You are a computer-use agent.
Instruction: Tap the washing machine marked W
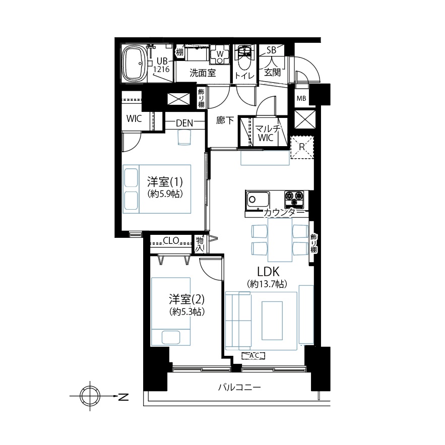coord(220,54)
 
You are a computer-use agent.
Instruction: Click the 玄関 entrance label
coord(272,73)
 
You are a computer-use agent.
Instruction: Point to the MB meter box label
coord(301,98)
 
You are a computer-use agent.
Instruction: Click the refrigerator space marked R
coord(302,147)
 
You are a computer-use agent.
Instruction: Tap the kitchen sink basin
coord(258,200)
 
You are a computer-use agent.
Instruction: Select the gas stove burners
coord(294,198)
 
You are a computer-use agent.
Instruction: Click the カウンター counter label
coord(284,212)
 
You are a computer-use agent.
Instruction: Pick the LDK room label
coord(268,272)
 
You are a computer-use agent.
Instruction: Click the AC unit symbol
coord(253,355)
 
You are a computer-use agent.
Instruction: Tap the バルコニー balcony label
coord(239,387)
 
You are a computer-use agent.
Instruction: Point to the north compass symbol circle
coord(90,396)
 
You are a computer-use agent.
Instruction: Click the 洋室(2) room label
coord(187,299)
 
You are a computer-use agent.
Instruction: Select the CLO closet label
coord(171,241)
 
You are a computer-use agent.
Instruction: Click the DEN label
coord(184,123)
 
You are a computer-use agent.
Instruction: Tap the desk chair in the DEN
coord(184,138)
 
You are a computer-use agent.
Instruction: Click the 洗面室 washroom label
coord(203,73)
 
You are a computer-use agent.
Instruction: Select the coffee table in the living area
coord(272,321)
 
